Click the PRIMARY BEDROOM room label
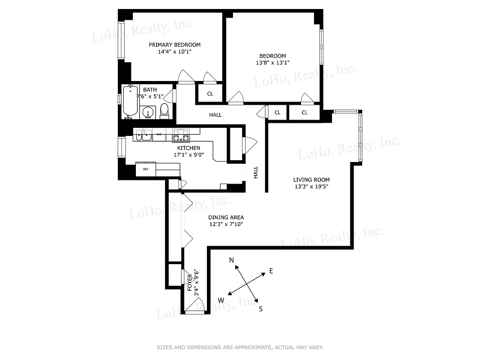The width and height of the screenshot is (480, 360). (x=175, y=45)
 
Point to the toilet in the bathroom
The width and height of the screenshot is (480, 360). (x=164, y=110)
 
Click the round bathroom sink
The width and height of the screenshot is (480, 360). (x=148, y=112)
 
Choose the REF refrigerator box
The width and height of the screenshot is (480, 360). (x=146, y=169)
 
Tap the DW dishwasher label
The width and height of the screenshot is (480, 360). (x=159, y=134)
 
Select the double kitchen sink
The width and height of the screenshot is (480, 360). (x=144, y=135)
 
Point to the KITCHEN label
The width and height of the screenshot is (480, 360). (x=188, y=148)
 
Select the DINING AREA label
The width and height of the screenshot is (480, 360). (x=226, y=217)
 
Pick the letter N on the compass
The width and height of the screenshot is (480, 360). (x=232, y=260)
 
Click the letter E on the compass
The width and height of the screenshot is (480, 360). (x=271, y=270)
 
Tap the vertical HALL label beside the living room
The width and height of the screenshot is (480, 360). (x=256, y=172)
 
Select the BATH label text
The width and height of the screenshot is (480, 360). (x=150, y=90)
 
